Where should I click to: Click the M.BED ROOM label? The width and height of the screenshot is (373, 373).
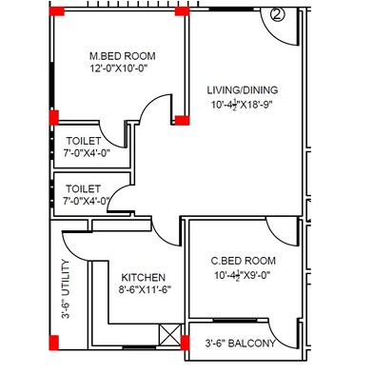117,54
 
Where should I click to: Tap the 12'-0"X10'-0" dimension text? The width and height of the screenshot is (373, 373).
119,69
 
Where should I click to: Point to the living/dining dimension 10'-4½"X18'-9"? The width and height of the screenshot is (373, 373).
243,108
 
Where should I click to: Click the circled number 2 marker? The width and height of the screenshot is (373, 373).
277,14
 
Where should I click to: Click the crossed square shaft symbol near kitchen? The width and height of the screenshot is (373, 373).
171,335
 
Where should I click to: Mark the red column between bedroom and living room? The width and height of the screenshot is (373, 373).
180,120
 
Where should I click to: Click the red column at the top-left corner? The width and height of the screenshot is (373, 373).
57,12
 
